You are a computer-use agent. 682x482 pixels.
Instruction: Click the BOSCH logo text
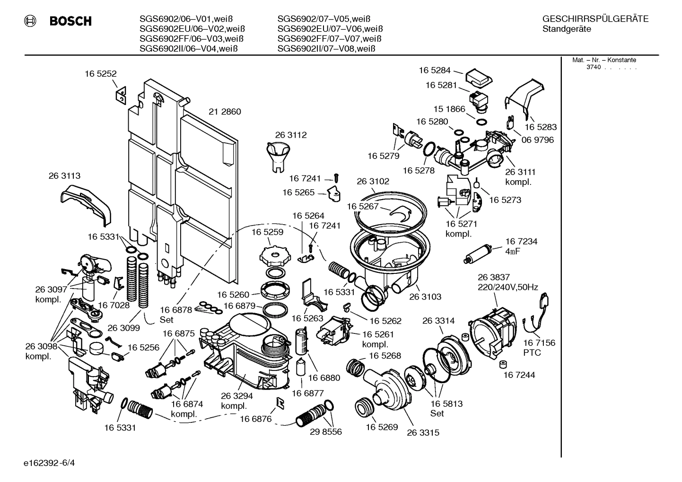click(70, 21)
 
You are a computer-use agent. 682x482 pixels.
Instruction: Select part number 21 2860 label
click(225, 112)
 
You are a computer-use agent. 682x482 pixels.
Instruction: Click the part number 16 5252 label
click(100, 74)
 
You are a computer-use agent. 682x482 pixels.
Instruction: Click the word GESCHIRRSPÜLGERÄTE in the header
click(595, 19)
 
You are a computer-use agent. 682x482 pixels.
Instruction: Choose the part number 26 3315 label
click(423, 432)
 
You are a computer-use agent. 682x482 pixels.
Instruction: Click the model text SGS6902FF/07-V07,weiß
click(329, 39)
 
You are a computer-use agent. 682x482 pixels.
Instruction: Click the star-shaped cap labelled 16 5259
click(274, 256)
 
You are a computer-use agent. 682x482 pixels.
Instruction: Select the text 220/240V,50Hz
click(507, 287)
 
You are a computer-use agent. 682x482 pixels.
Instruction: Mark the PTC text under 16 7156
click(532, 353)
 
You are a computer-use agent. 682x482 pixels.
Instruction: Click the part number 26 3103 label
click(425, 297)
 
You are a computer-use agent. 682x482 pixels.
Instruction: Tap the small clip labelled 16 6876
click(280, 402)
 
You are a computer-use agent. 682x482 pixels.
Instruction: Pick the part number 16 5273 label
click(505, 200)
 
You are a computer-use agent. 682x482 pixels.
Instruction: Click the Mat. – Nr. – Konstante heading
click(603, 60)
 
